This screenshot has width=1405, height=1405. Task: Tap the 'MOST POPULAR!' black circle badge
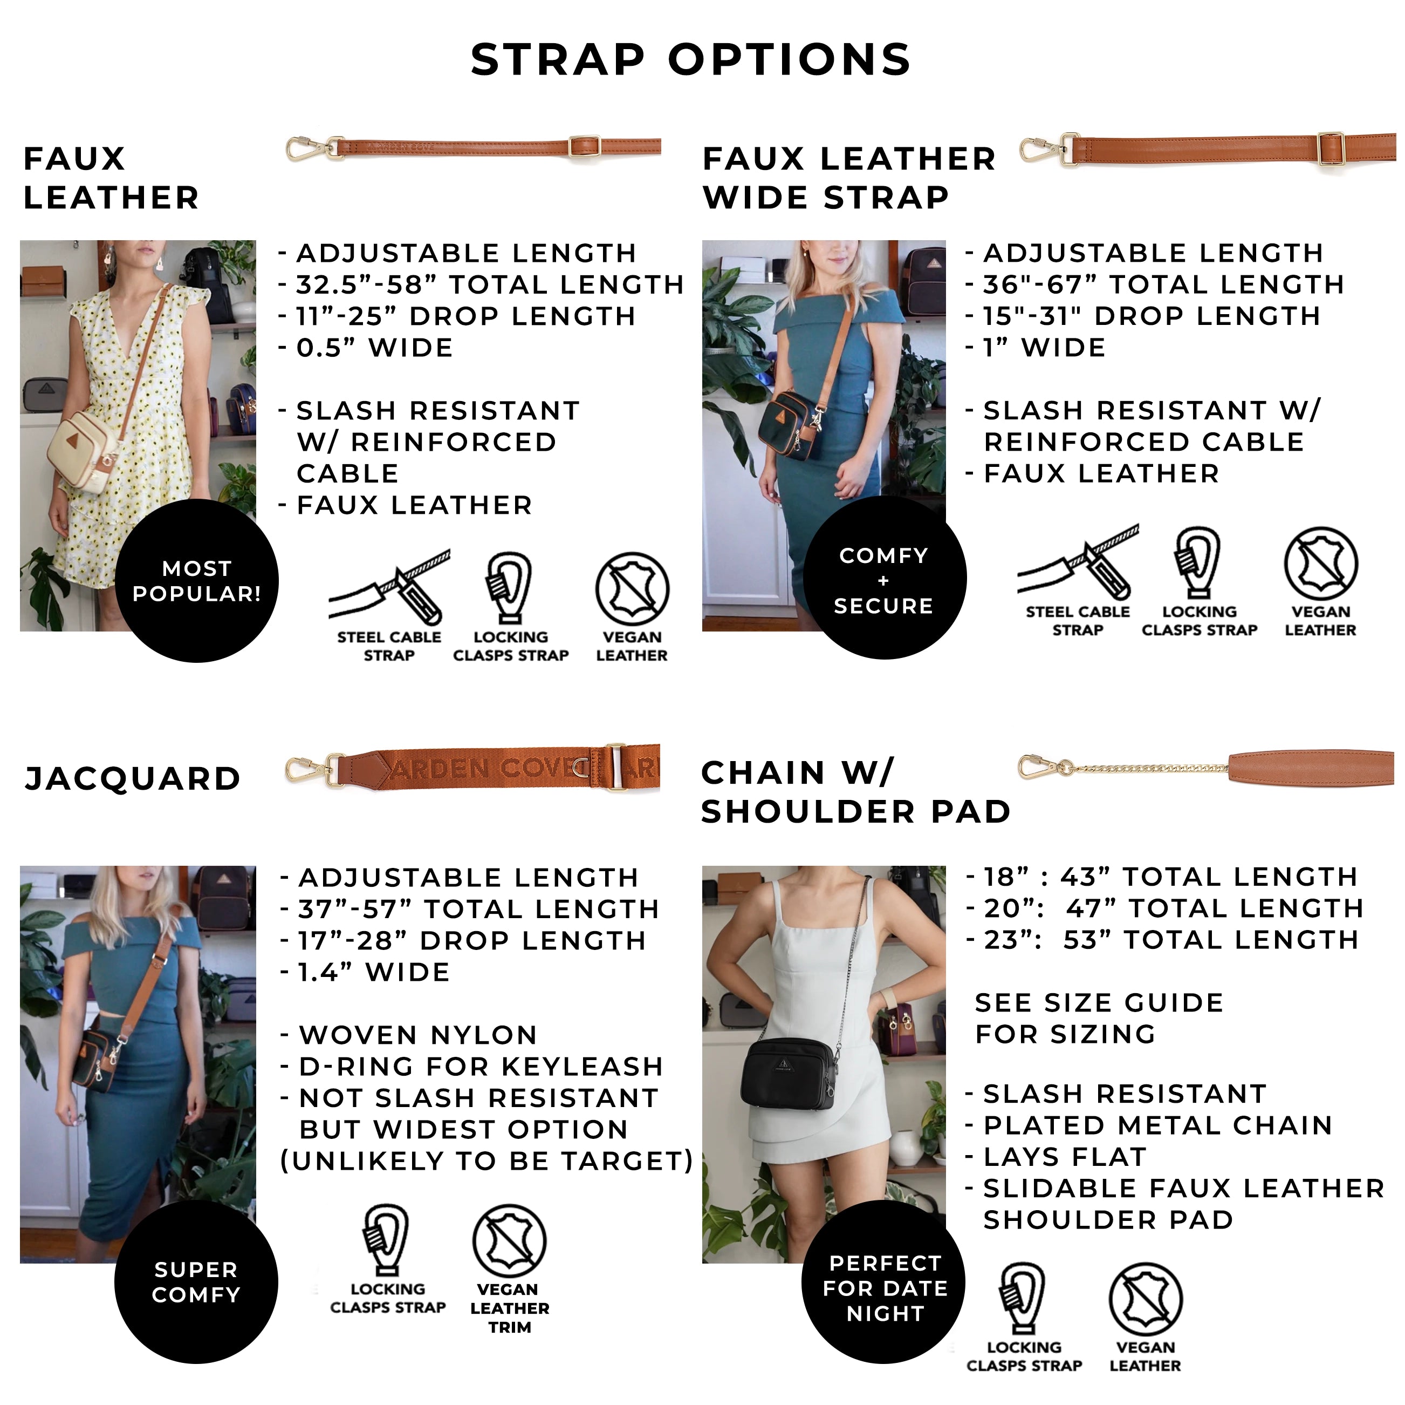pyautogui.click(x=196, y=581)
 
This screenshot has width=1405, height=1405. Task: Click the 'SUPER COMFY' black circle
pyautogui.click(x=196, y=1282)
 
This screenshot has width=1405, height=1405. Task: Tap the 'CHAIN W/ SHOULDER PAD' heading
pyautogui.click(x=856, y=792)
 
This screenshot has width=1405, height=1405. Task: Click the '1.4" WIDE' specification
pyautogui.click(x=366, y=972)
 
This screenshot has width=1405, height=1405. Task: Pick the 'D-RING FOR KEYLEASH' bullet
pyautogui.click(x=472, y=1067)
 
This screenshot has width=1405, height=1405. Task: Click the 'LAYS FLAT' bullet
pyautogui.click(x=1056, y=1157)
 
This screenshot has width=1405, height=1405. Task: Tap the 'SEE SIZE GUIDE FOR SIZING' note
pyautogui.click(x=1099, y=1018)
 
